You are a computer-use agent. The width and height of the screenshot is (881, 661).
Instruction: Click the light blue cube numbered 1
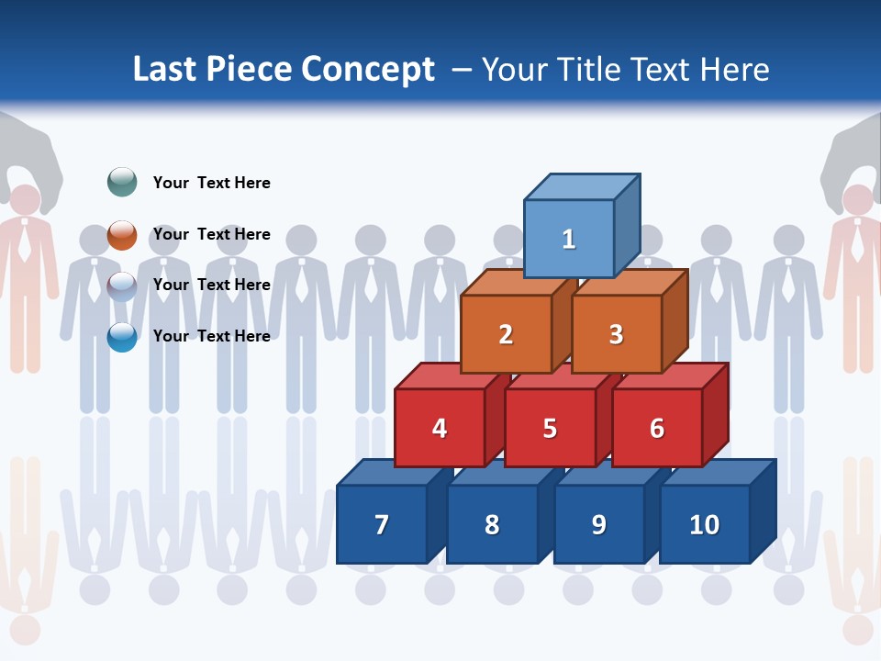569,239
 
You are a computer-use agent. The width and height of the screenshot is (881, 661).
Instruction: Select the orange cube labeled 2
506,334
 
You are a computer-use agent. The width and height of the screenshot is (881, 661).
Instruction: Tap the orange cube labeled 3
616,334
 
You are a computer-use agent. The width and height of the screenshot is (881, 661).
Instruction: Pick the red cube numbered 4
440,428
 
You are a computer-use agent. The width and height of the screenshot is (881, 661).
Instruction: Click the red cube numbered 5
550,428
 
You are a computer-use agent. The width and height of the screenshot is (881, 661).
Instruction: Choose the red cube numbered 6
657,428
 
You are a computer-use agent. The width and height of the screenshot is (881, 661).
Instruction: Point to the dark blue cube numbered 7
382,524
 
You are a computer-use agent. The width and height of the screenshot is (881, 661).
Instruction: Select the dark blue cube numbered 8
492,524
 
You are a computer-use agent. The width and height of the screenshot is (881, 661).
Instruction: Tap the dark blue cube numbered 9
598,524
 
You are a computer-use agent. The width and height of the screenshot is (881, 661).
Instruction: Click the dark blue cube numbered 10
704,524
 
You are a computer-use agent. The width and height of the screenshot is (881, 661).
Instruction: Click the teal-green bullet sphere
122,182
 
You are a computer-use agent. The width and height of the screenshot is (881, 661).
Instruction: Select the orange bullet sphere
122,234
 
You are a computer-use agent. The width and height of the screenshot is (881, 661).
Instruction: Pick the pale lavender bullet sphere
122,286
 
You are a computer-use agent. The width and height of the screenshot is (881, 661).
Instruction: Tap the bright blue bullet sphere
122,337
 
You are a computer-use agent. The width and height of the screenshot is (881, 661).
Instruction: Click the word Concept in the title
368,70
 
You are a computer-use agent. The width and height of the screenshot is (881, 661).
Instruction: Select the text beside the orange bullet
211,234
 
